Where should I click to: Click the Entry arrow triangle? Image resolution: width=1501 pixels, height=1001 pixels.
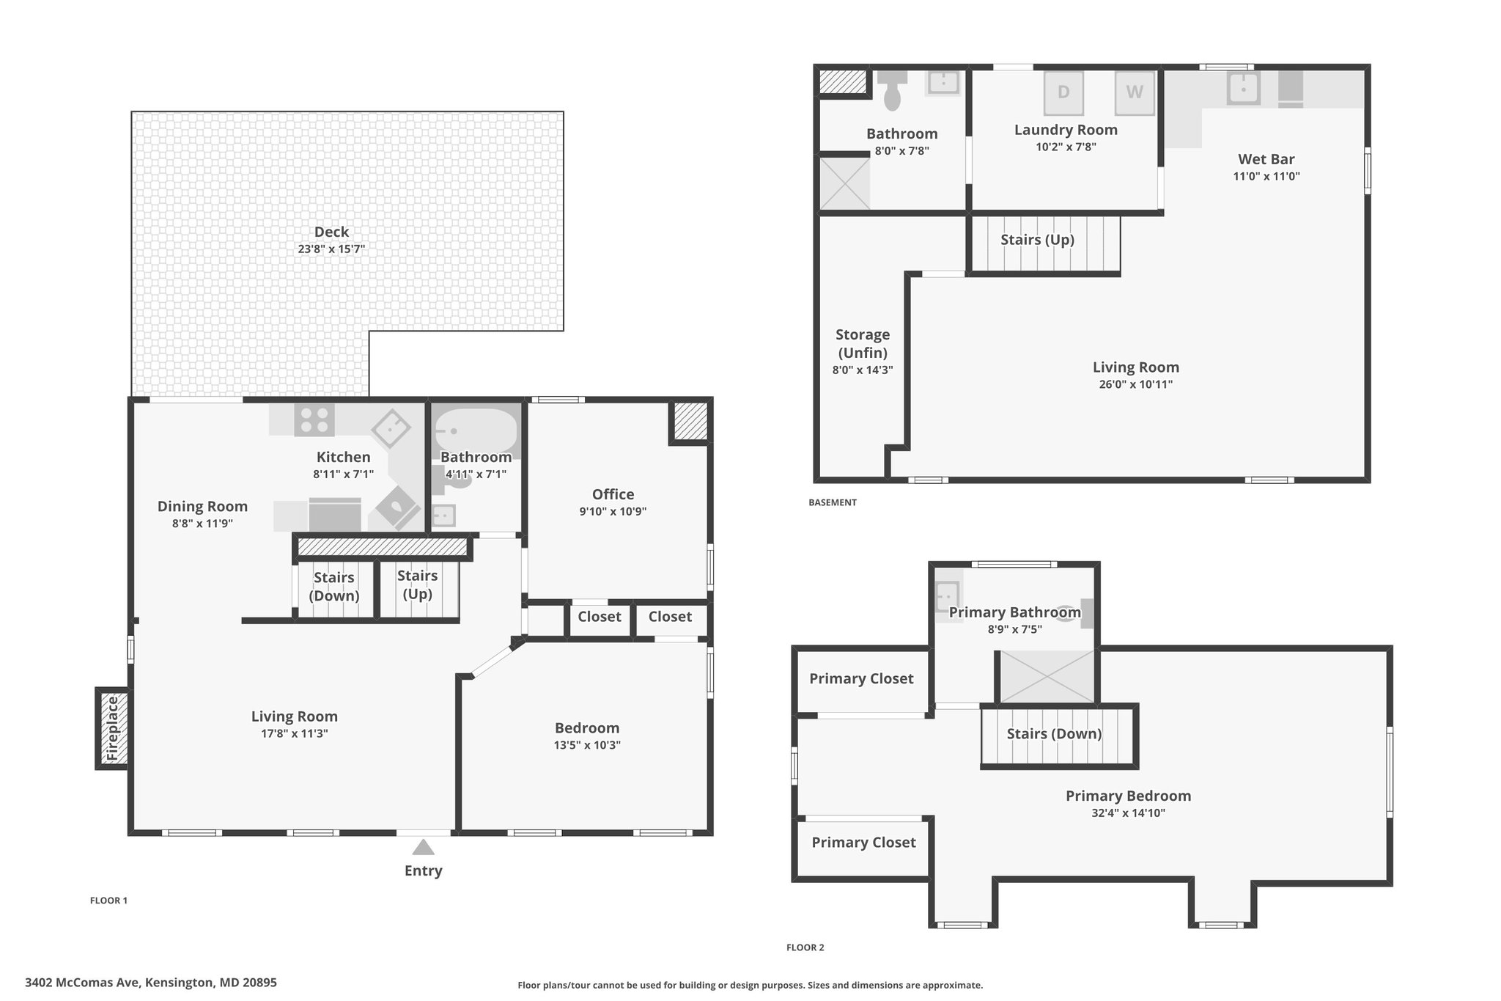click(x=423, y=847)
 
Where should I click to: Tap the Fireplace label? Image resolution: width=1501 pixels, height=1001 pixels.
click(x=112, y=728)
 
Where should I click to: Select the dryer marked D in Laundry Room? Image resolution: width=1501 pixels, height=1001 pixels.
click(x=1063, y=92)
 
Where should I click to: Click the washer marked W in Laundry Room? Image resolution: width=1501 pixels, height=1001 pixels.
click(x=1135, y=92)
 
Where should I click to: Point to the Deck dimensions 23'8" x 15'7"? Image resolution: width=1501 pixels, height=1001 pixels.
click(x=331, y=249)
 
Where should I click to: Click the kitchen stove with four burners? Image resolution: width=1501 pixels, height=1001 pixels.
click(x=314, y=419)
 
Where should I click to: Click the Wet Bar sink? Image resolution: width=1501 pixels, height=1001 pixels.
click(x=1244, y=88)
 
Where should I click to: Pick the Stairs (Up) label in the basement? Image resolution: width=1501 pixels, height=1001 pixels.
click(x=1037, y=240)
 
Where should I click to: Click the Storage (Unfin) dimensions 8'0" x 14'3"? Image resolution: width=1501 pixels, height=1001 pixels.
click(x=863, y=370)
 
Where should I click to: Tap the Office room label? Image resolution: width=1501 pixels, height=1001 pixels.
click(x=613, y=494)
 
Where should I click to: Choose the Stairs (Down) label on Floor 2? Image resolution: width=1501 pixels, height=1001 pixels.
click(x=1054, y=734)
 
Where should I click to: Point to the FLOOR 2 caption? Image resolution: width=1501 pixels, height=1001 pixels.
click(x=805, y=947)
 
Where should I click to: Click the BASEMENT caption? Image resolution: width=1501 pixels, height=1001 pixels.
click(x=833, y=502)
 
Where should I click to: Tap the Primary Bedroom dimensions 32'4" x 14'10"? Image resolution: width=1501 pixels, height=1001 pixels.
click(x=1128, y=813)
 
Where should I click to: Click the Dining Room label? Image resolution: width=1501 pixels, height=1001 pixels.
click(x=202, y=506)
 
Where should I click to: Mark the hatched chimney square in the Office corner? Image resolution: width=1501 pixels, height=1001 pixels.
click(x=690, y=422)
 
